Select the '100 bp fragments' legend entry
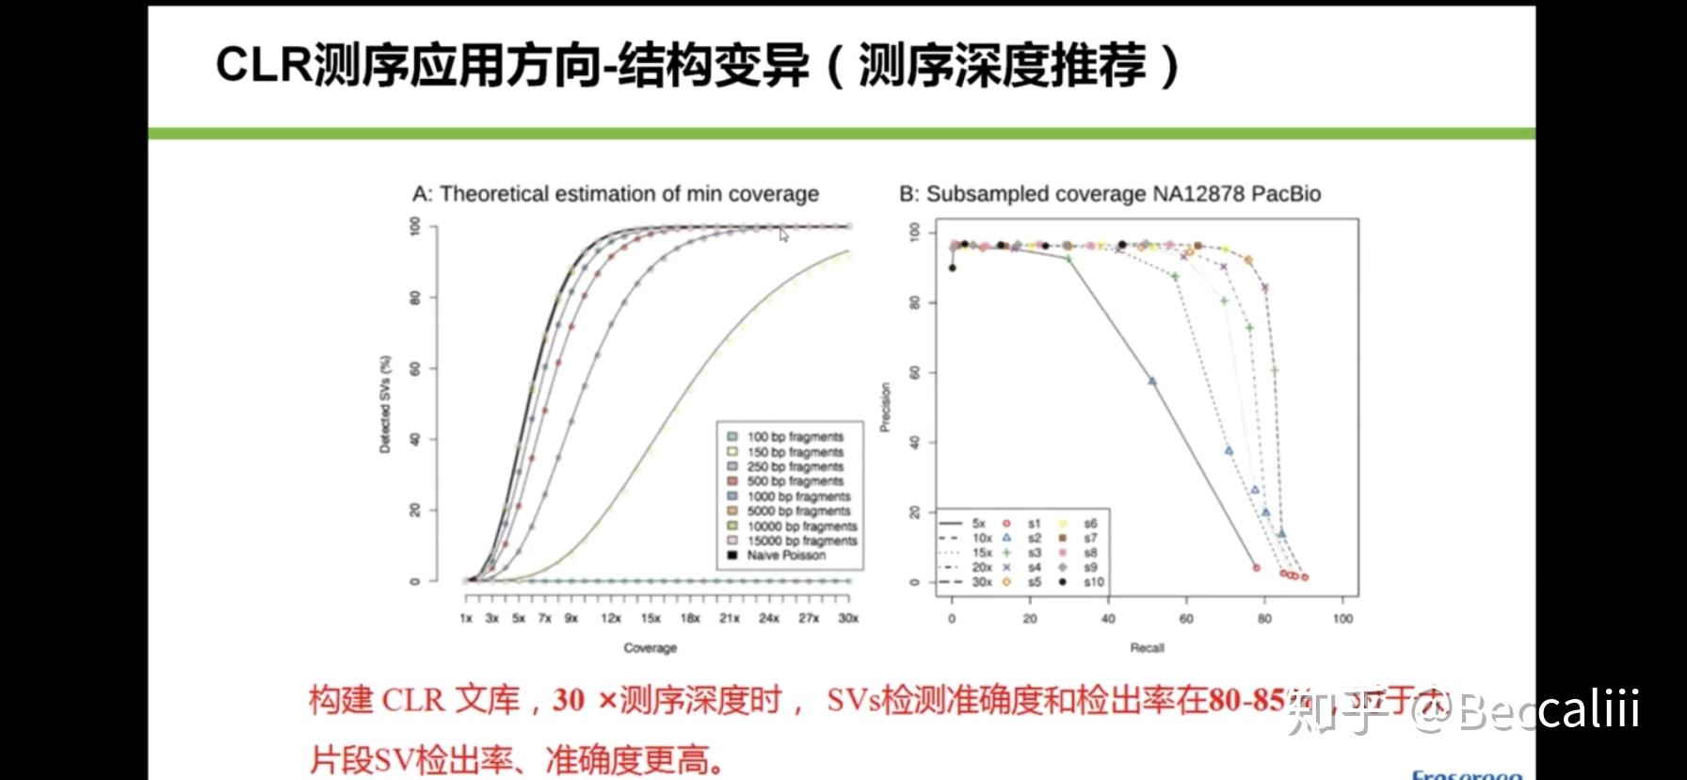click(x=794, y=437)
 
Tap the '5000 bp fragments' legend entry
click(x=797, y=512)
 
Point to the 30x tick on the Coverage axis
click(x=848, y=618)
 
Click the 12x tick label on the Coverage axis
click(x=611, y=618)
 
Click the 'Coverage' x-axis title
click(x=650, y=648)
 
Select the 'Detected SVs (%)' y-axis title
click(x=385, y=405)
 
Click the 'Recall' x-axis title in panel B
click(x=1147, y=648)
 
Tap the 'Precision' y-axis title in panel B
click(x=885, y=408)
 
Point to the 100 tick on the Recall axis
click(x=1342, y=619)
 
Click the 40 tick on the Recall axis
click(x=1108, y=619)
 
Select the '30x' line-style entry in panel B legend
click(x=981, y=582)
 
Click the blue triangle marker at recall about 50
click(x=1152, y=382)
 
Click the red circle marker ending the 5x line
click(x=1256, y=568)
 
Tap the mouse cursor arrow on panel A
click(x=783, y=234)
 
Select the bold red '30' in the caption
click(x=569, y=700)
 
